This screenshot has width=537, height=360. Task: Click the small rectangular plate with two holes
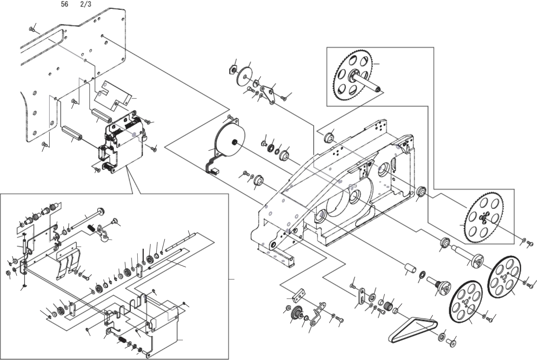click(300, 293)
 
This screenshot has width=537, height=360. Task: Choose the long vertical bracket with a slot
click(362, 296)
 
